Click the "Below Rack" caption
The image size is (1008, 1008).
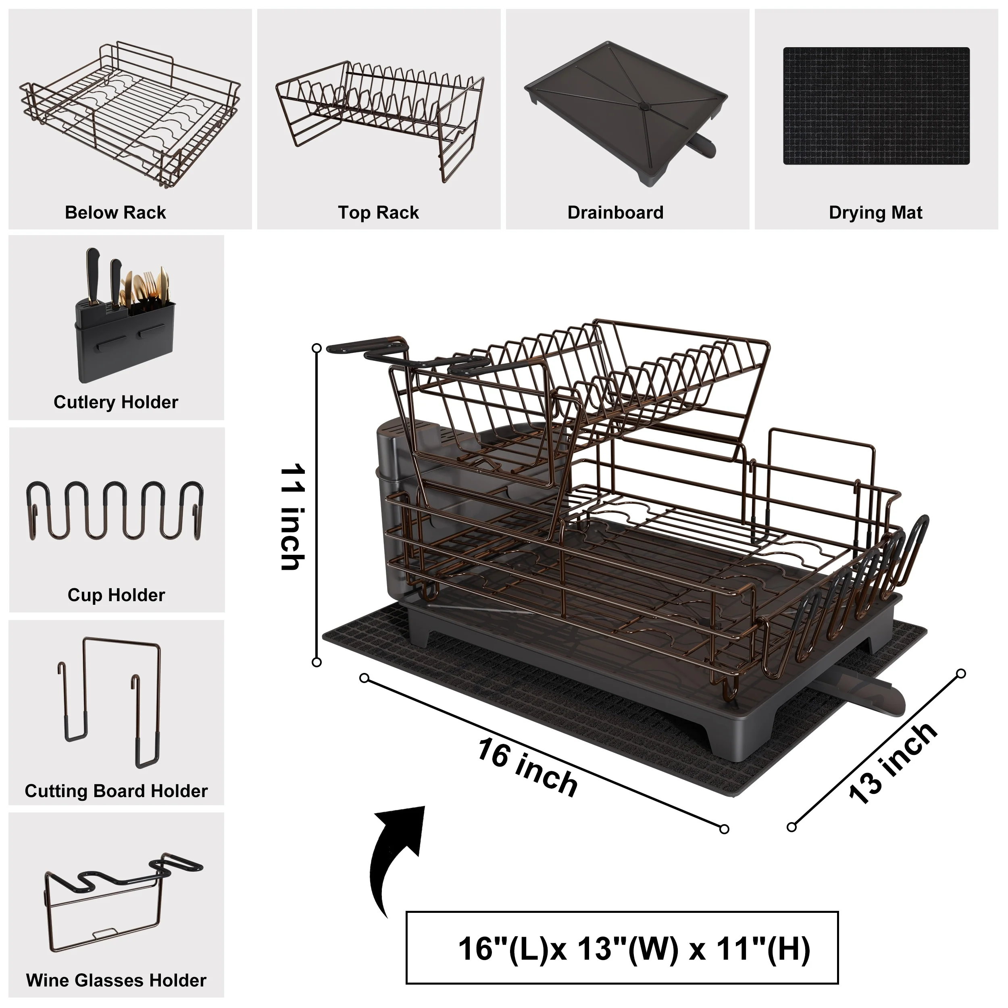coord(115,213)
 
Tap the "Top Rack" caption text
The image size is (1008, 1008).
coord(378,213)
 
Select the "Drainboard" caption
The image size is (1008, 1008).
coord(616,213)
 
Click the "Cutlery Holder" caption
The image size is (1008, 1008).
coord(116,402)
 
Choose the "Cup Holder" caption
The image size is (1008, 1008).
coord(117,595)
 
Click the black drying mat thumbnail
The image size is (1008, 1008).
coord(876,106)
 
